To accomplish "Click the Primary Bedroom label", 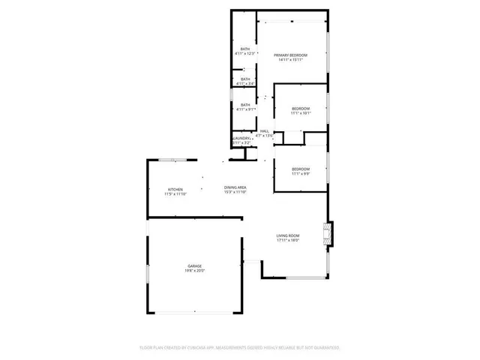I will (x=292, y=55).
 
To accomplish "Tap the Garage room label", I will (x=194, y=265).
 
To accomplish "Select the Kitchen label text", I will (x=175, y=189).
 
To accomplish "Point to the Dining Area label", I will (x=235, y=187).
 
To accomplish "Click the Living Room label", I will (x=288, y=236).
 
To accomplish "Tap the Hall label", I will (x=264, y=130).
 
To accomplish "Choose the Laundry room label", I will (x=241, y=138).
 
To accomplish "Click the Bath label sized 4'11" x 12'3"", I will (x=245, y=49).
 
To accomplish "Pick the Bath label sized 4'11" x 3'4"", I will (x=245, y=79).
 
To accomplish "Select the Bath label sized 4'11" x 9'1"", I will (x=245, y=105).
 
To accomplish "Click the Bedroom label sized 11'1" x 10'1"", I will (x=300, y=109).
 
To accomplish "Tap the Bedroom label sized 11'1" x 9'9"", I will (x=300, y=169).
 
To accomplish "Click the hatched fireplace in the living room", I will (x=328, y=234).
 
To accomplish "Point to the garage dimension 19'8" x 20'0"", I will (x=194, y=271).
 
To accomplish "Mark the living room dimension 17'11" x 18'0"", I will (x=288, y=241).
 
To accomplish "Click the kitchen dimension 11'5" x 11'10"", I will (x=175, y=193).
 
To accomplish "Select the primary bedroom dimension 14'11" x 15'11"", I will (x=292, y=60).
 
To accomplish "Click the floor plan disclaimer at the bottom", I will (x=240, y=348).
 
